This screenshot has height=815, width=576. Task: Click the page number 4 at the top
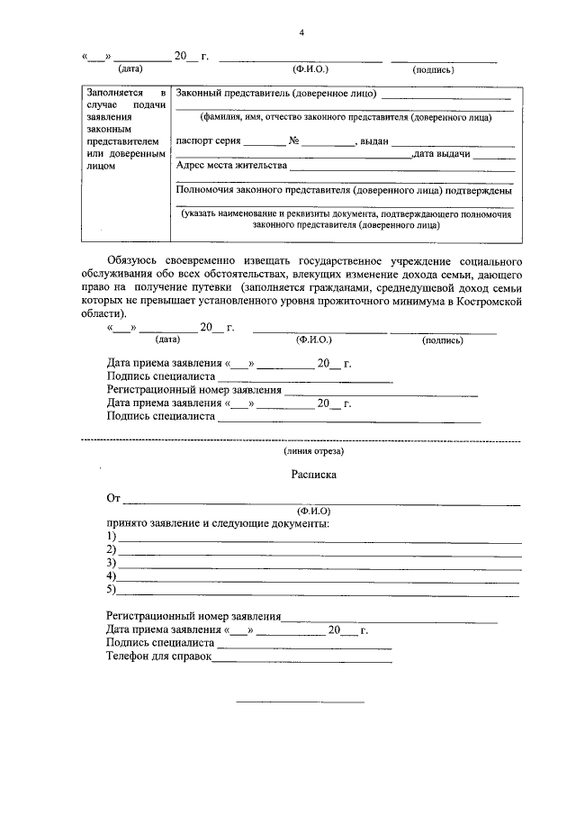302,32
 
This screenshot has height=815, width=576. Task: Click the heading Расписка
313,473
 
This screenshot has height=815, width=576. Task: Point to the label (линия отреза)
312,451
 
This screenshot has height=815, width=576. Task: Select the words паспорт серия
209,141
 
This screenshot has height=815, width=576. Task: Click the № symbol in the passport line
293,141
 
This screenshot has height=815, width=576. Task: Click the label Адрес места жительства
231,166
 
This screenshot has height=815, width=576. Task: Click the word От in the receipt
112,497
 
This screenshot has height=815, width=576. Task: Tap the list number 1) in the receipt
111,537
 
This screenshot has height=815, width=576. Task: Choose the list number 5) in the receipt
111,590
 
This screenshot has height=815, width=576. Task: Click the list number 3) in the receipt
111,563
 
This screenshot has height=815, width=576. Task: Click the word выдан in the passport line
373,141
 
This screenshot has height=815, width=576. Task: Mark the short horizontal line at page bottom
300,702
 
